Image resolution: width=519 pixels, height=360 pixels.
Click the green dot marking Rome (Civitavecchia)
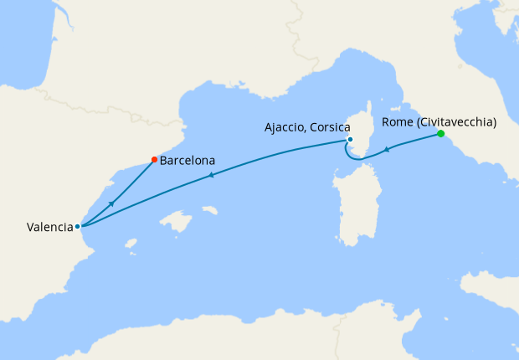tap(440, 134)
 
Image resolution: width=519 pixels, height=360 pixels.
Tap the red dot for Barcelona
tap(154, 159)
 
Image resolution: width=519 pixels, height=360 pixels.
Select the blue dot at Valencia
tap(77, 226)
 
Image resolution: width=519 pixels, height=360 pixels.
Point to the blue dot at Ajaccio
tap(350, 139)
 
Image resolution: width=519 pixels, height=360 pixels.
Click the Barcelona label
tap(188, 160)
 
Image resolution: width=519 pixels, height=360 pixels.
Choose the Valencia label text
tap(49, 226)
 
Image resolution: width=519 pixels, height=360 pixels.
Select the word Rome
tap(397, 122)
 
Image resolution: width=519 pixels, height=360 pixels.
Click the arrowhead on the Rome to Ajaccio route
tap(387, 150)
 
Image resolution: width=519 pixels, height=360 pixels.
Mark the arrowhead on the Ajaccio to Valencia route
tap(212, 175)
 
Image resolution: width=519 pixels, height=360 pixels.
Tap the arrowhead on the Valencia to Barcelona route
tap(111, 203)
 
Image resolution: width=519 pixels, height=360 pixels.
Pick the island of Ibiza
tap(131, 245)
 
